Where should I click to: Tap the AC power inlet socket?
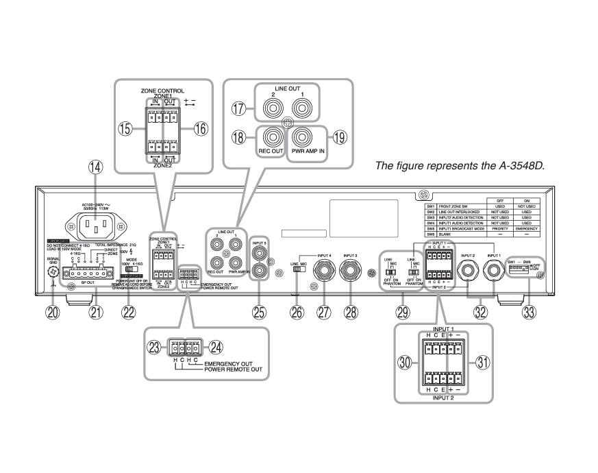click(96, 223)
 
